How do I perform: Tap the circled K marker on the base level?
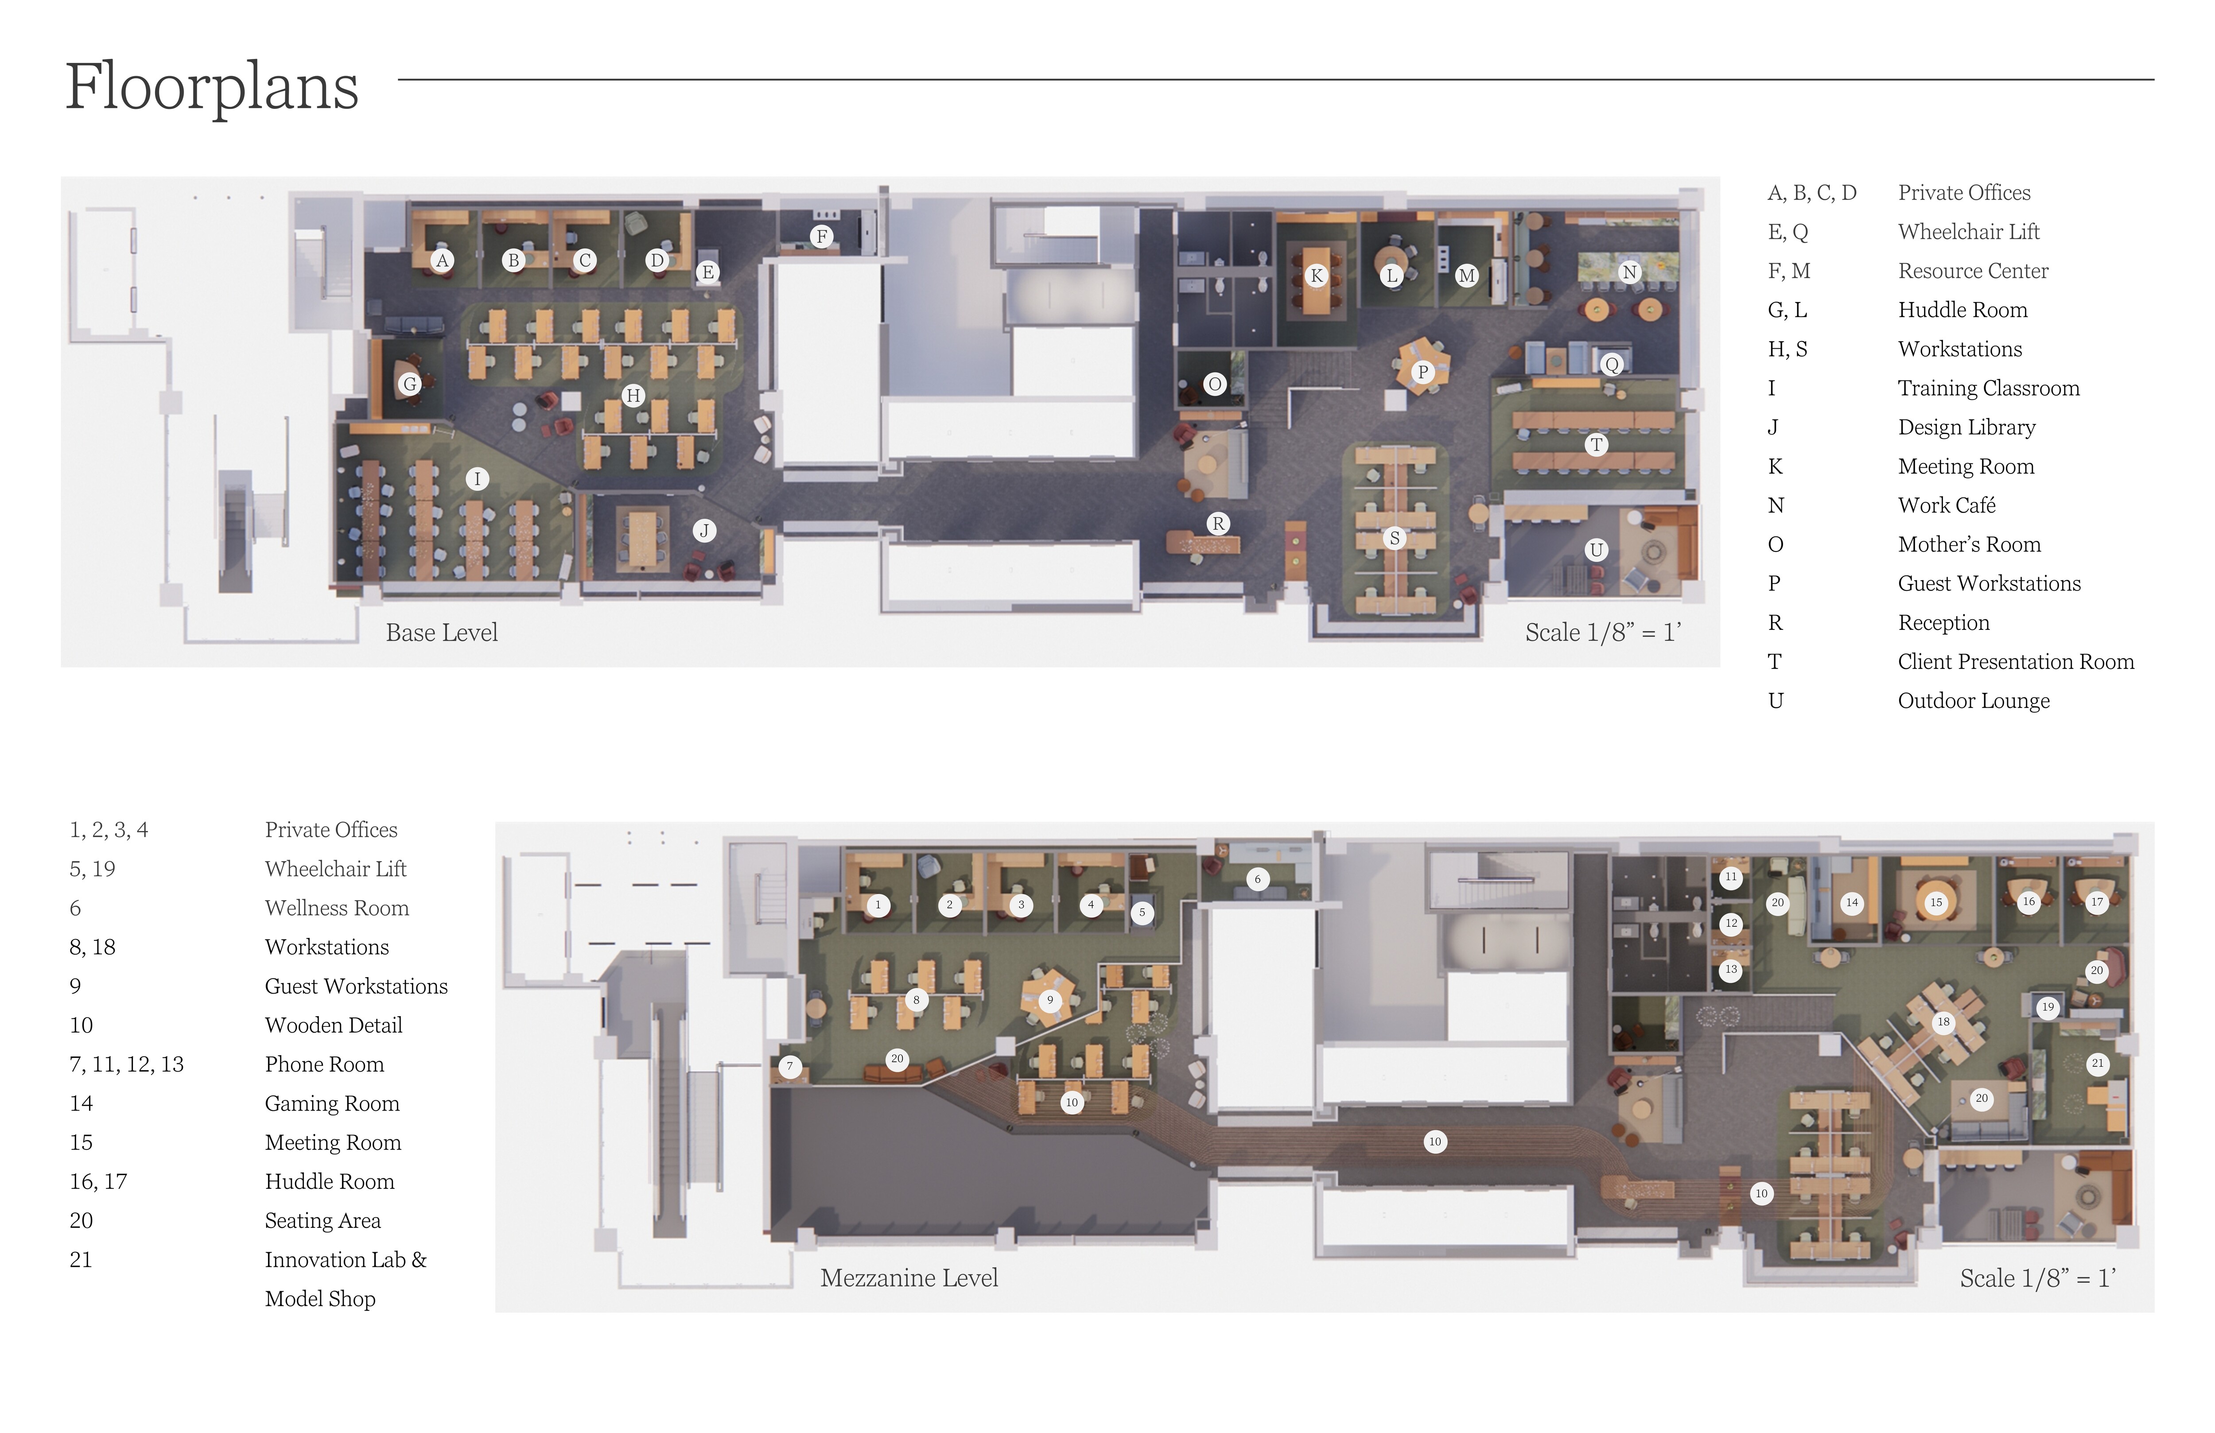1316,276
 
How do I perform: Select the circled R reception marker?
1217,524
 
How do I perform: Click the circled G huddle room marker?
409,383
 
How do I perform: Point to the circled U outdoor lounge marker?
1596,550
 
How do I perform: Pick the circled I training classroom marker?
478,479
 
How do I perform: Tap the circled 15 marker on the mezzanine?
1936,902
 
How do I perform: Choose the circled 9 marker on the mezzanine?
1050,1000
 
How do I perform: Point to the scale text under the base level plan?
1603,633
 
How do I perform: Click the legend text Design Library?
1966,427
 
